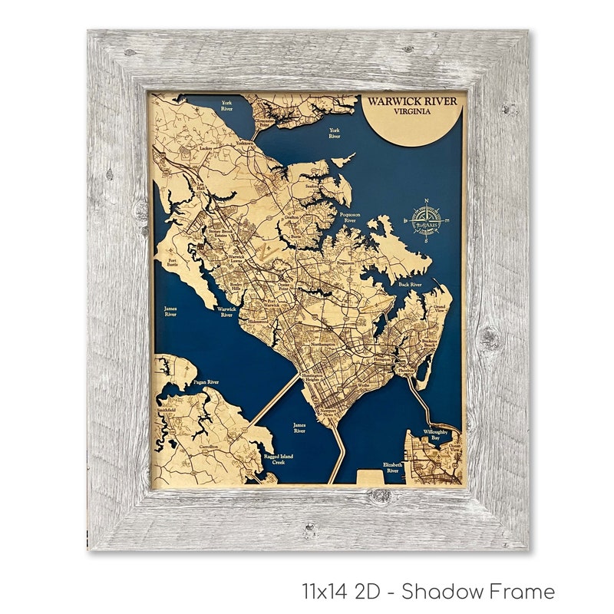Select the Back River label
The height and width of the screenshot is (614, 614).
[x=410, y=284]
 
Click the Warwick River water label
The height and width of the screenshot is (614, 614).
[x=227, y=312]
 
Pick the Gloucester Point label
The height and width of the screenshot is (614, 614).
[x=266, y=124]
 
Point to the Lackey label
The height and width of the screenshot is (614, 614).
[x=205, y=148]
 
